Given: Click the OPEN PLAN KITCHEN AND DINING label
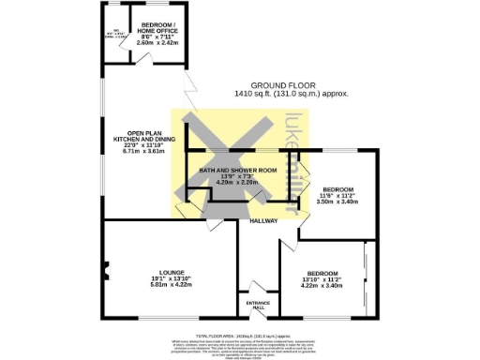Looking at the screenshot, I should pyautogui.click(x=139, y=137).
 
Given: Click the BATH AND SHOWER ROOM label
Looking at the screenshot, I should pyautogui.click(x=238, y=170).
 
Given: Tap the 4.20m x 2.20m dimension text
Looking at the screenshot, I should pyautogui.click(x=238, y=182).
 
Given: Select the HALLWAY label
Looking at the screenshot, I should pyautogui.click(x=263, y=220).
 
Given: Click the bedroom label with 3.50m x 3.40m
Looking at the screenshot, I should pyautogui.click(x=337, y=187).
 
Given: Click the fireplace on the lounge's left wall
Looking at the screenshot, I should pyautogui.click(x=106, y=273).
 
